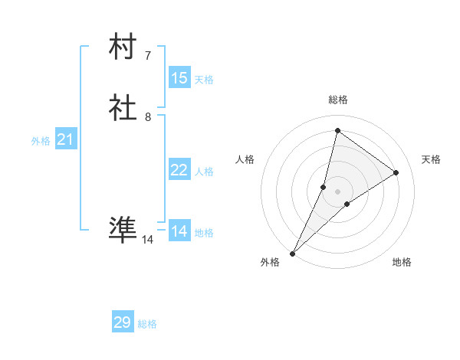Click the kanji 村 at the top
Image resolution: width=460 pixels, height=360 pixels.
[123, 47]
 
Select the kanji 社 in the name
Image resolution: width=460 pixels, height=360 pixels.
[123, 109]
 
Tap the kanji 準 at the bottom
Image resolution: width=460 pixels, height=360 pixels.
[123, 229]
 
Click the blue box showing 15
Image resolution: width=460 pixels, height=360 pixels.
[179, 78]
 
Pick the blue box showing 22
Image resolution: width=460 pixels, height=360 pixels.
[179, 170]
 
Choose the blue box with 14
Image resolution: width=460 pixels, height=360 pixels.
[179, 231]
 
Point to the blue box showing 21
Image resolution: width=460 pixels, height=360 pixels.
[65, 139]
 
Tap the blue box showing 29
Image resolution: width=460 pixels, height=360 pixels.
[123, 322]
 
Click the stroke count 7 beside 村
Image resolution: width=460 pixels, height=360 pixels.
[147, 56]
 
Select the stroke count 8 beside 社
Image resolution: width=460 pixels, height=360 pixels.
[147, 117]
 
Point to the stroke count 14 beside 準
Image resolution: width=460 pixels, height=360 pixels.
[147, 240]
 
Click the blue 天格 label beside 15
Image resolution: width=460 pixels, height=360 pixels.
[204, 80]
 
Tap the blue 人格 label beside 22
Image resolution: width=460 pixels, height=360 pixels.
[204, 172]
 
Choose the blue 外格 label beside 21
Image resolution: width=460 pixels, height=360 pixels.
[41, 141]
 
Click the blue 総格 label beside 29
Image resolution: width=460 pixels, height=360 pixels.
[147, 324]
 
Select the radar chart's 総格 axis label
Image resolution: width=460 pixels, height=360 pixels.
[337, 100]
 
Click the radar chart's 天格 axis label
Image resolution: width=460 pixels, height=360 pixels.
[432, 159]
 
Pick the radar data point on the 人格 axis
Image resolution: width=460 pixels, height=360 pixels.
[324, 186]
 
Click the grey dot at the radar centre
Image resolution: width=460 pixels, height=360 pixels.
[337, 191]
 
